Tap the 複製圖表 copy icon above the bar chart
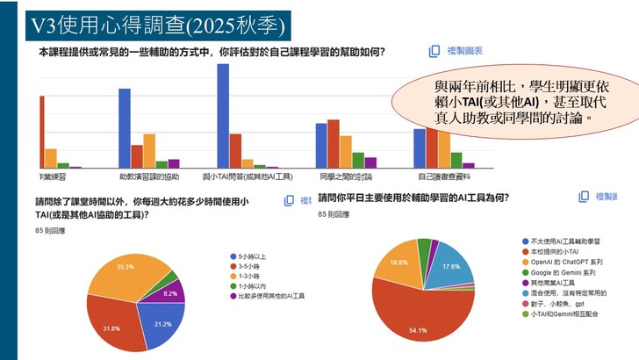[434, 51]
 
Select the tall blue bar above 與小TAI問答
[223, 115]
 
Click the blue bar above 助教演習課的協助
[125, 127]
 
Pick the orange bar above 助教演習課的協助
[149, 150]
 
